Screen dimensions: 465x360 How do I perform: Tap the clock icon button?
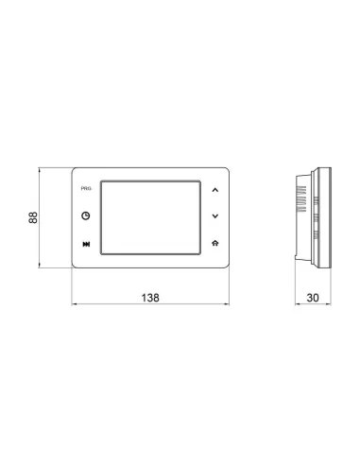tap(86, 215)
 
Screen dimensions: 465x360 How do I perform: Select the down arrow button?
tap(215, 215)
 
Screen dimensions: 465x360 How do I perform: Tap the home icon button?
tap(215, 244)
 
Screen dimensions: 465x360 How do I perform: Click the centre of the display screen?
tap(149, 216)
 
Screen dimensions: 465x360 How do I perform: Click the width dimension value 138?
tap(151, 297)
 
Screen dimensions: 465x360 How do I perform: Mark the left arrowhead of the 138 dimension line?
tap(75, 304)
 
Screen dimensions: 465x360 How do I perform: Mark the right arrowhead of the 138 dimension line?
tap(230, 304)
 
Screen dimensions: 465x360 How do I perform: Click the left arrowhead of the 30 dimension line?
tap(295, 304)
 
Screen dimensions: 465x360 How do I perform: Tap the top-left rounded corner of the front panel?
tap(76, 171)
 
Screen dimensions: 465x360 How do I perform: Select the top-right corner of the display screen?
tap(198, 181)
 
